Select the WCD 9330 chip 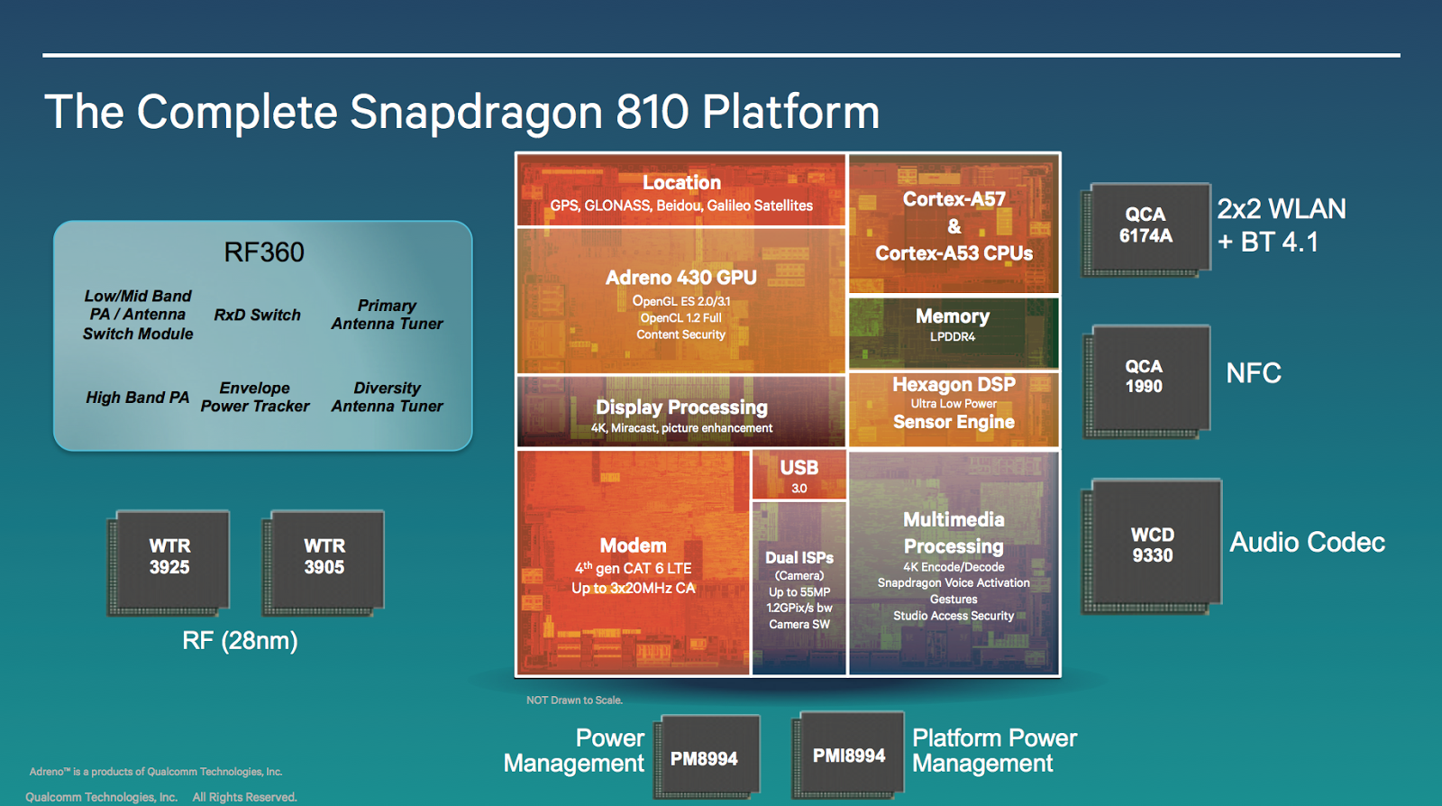tap(1153, 545)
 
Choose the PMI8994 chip tap(849, 755)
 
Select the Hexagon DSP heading tap(954, 385)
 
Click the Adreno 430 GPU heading tap(680, 278)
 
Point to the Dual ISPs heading tap(799, 558)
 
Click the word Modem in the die tap(634, 545)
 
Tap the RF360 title tap(264, 252)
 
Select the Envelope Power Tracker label tap(255, 398)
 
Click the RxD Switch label tap(257, 315)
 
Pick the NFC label tap(1253, 373)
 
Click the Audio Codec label tap(1307, 542)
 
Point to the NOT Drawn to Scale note tap(574, 701)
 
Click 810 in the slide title tap(653, 113)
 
